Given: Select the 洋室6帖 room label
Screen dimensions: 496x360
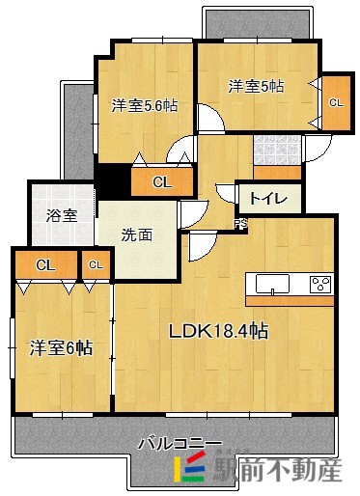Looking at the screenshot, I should (x=60, y=347).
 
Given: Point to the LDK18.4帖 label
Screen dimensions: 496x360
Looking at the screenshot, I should (x=218, y=331).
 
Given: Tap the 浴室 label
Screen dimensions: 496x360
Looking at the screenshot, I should (x=63, y=214).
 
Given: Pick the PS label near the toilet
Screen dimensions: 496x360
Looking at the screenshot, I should (x=240, y=225).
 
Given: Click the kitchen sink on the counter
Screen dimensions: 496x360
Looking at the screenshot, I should (x=272, y=283).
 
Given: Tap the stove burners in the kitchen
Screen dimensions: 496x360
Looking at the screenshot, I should (x=320, y=283).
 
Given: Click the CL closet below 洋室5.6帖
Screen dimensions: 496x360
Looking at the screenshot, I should (x=160, y=180).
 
